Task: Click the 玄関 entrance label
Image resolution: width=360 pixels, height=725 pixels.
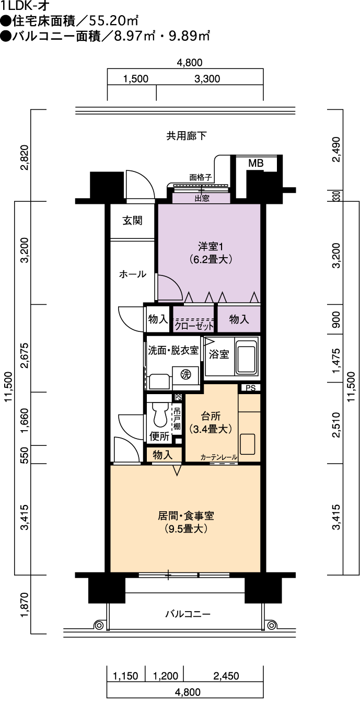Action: pyautogui.click(x=132, y=221)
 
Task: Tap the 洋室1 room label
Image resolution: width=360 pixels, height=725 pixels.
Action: pyautogui.click(x=211, y=247)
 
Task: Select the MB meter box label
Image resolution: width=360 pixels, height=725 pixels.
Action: pyautogui.click(x=256, y=164)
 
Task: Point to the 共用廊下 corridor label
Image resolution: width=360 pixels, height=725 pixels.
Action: pyautogui.click(x=187, y=136)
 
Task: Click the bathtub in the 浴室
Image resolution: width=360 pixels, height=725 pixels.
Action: pyautogui.click(x=247, y=355)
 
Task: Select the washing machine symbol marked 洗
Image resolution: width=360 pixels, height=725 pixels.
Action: pyautogui.click(x=185, y=374)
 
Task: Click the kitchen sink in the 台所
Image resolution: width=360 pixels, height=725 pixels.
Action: pyautogui.click(x=248, y=444)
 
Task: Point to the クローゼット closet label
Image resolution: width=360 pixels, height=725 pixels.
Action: pyautogui.click(x=194, y=326)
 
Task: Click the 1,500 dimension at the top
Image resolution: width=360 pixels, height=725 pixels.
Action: pyautogui.click(x=136, y=78)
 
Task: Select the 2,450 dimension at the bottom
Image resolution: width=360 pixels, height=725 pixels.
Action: pyautogui.click(x=226, y=676)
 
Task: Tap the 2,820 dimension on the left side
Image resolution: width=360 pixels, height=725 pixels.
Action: pyautogui.click(x=25, y=157)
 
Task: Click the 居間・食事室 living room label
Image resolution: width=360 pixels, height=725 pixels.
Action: pyautogui.click(x=186, y=515)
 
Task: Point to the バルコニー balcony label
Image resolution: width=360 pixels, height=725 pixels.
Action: pyautogui.click(x=188, y=614)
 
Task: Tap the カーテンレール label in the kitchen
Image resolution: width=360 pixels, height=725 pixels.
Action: pyautogui.click(x=219, y=457)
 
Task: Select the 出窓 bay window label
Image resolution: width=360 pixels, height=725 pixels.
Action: pyautogui.click(x=202, y=199)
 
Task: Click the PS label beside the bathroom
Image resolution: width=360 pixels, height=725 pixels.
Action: pyautogui.click(x=251, y=388)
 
